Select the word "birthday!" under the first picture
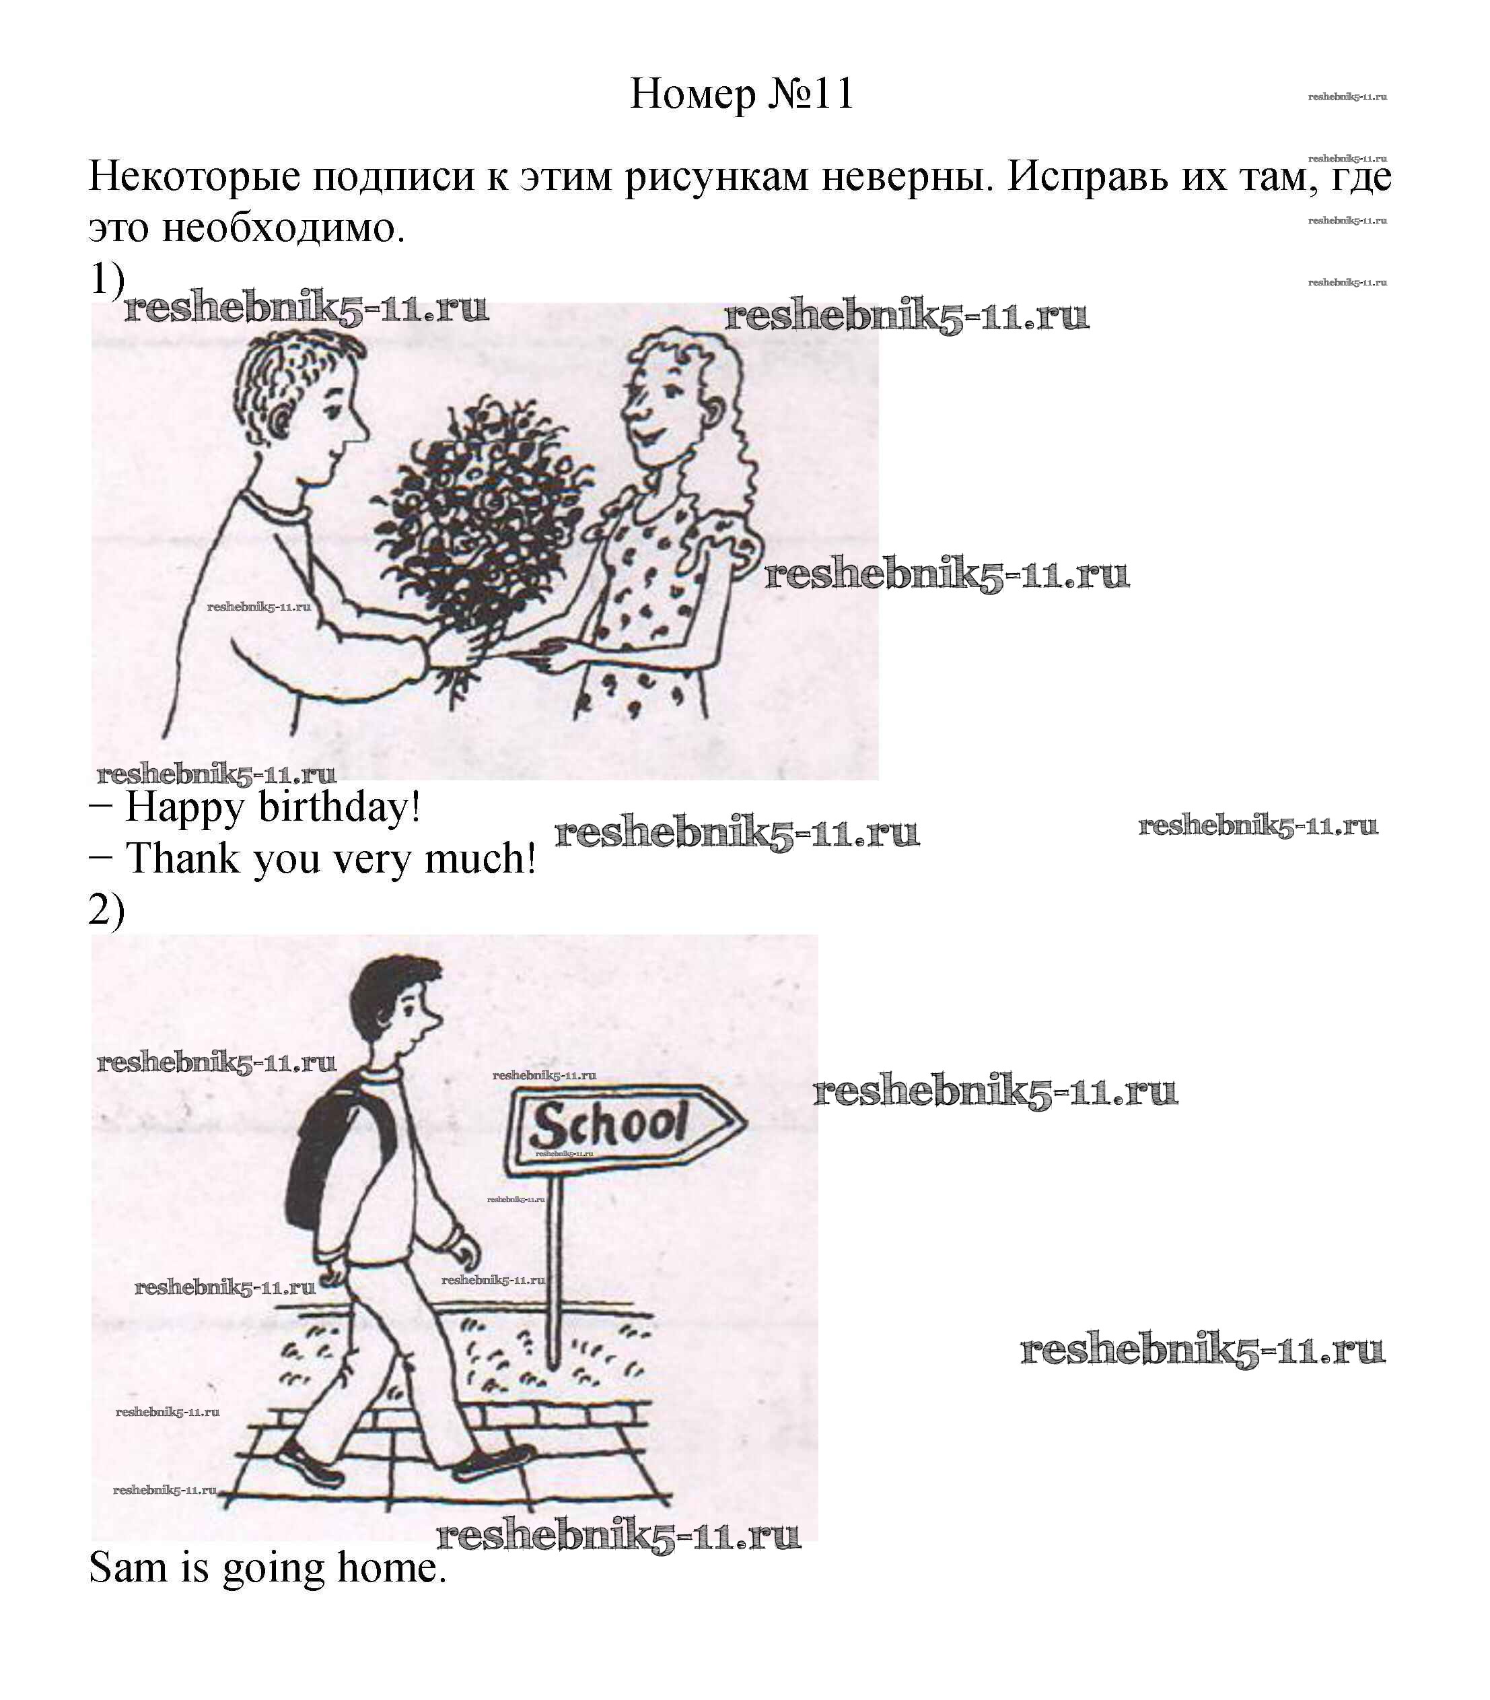pos(339,807)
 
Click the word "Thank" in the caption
pos(182,858)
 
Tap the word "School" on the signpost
pos(610,1124)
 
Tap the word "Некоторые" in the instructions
pos(194,176)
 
